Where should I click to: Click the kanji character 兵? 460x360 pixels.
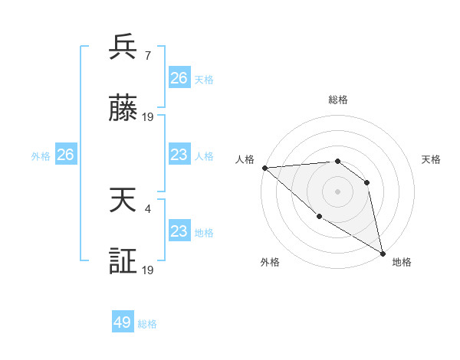[x=123, y=48]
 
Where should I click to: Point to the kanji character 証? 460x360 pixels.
[x=123, y=261]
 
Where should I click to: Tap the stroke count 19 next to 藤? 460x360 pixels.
[x=149, y=117]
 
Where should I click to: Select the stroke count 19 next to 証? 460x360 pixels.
[x=149, y=270]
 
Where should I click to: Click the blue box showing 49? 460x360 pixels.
[x=123, y=322]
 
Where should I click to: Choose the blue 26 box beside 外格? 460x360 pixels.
[x=65, y=155]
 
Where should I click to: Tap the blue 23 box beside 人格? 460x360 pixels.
[x=179, y=155]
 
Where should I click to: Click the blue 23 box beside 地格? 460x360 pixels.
[x=179, y=231]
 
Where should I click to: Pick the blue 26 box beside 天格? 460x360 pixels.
[x=179, y=78]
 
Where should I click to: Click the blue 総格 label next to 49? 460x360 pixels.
[x=147, y=324]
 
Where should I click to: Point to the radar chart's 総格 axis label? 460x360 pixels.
[x=338, y=100]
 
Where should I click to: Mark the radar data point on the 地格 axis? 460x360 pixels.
[x=383, y=253]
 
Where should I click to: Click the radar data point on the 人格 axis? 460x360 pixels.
[x=264, y=168]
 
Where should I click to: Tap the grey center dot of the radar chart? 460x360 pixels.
[x=337, y=191]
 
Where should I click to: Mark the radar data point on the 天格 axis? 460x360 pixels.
[x=367, y=182]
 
